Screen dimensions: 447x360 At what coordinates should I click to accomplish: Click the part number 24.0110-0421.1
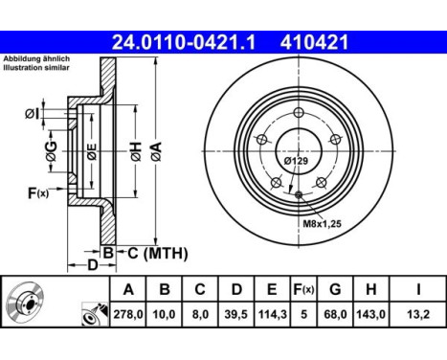tap(184, 42)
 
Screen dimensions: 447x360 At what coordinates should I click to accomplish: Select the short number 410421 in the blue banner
tap(314, 42)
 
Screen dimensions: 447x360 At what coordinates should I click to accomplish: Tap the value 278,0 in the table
tap(128, 314)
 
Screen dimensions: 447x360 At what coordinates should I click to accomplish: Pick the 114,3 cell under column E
tap(272, 314)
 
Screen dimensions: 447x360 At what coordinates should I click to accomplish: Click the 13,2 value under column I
tap(418, 314)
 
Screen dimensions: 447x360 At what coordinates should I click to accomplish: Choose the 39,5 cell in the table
tap(236, 314)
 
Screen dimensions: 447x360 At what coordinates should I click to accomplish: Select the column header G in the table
tap(335, 289)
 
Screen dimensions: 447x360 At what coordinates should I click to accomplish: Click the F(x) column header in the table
tap(303, 289)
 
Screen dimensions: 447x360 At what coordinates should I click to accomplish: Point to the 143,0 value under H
tap(370, 314)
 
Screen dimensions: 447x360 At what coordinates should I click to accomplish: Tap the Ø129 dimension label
tap(296, 161)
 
